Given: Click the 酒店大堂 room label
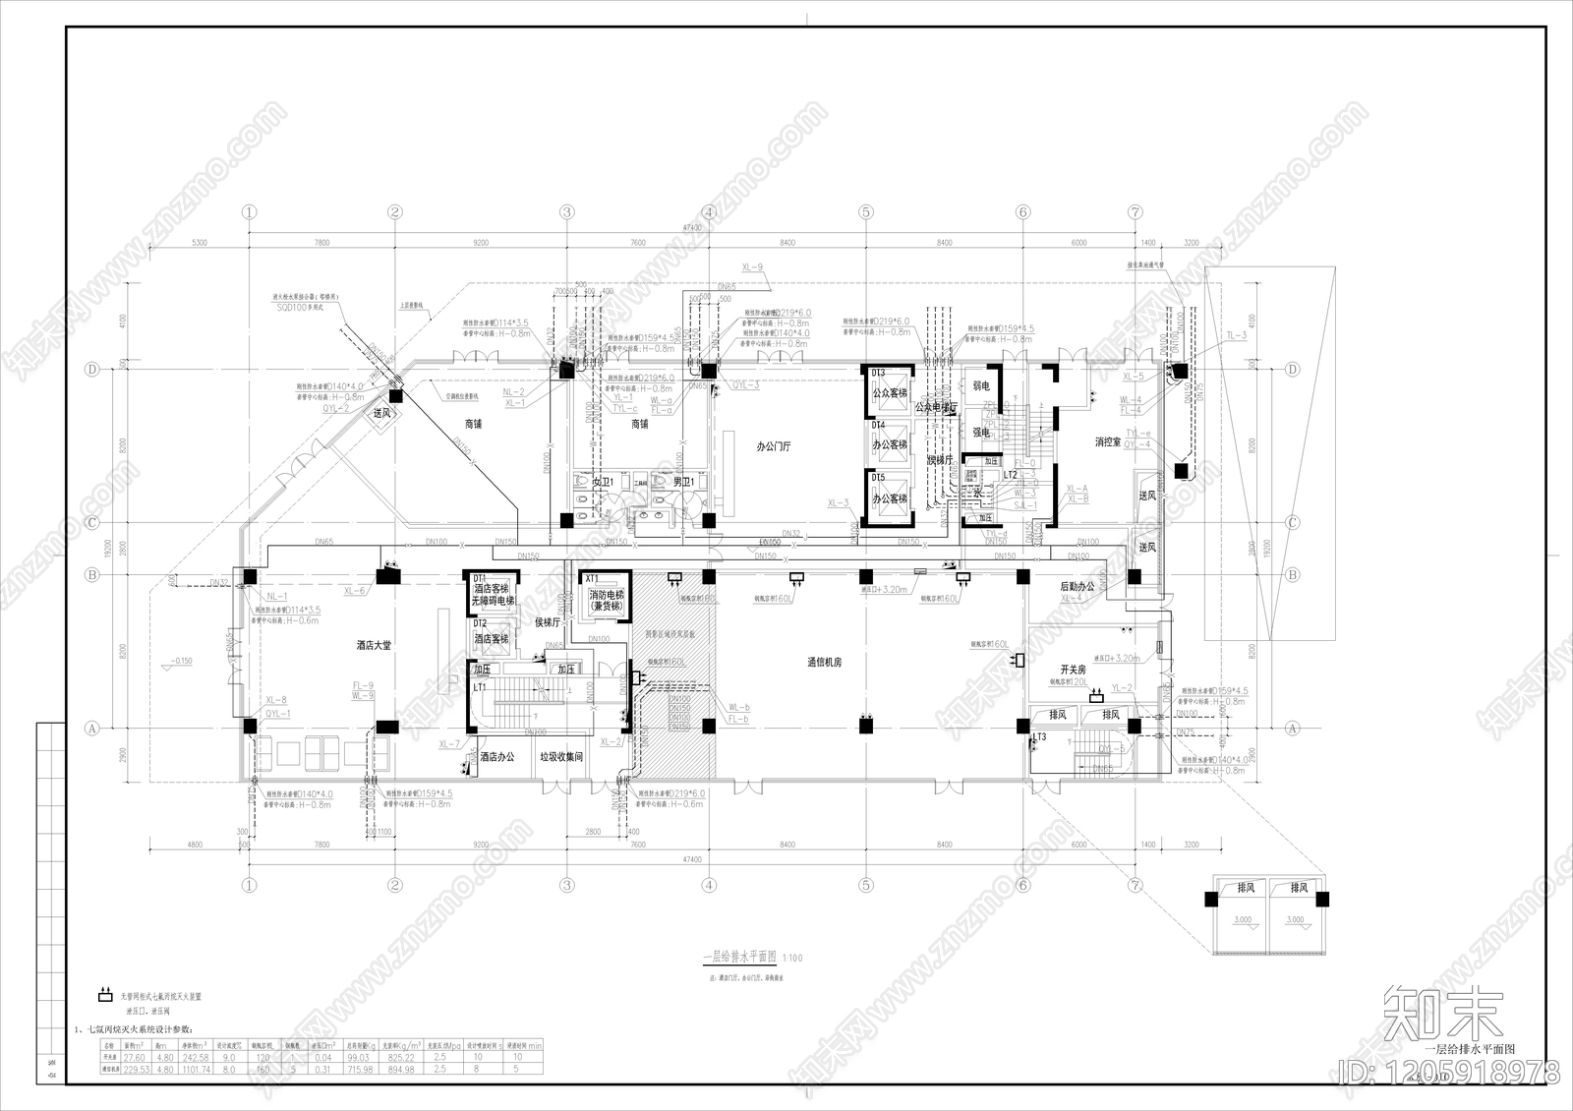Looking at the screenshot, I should [x=374, y=646].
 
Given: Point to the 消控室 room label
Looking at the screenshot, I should [x=1108, y=442].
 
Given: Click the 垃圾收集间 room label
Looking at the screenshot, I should [x=561, y=757].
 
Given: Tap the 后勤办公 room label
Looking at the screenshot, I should [x=1077, y=587].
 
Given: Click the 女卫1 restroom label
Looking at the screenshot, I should [x=603, y=483].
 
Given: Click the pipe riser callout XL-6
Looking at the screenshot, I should [x=355, y=590].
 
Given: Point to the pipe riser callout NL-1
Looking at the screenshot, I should [x=276, y=596].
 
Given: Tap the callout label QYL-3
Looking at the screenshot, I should [x=745, y=385].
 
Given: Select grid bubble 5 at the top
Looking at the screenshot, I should [x=865, y=211].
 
